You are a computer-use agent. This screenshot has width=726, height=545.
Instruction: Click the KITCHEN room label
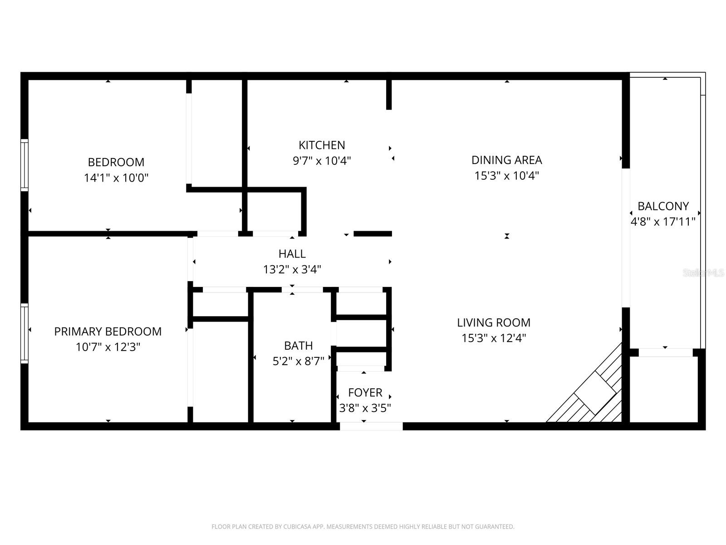[322, 145]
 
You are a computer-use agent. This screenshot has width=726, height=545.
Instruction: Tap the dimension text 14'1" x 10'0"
[116, 178]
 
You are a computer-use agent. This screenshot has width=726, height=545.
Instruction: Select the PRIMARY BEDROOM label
[108, 332]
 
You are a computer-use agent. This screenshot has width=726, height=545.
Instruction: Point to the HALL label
[292, 254]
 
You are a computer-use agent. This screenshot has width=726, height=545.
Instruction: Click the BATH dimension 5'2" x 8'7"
[298, 361]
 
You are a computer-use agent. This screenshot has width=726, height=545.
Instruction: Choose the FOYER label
[365, 392]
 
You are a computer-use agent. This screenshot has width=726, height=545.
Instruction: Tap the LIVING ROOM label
[494, 322]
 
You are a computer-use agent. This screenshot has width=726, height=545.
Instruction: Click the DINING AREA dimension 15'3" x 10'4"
[506, 176]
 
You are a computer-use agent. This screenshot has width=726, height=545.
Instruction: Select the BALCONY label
[663, 206]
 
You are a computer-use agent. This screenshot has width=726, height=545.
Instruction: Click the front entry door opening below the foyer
[371, 426]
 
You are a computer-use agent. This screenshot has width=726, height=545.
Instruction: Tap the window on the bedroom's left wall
[25, 164]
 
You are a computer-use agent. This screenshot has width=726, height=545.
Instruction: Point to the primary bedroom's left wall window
[25, 333]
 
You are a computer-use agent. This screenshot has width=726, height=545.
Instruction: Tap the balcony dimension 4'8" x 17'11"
[663, 222]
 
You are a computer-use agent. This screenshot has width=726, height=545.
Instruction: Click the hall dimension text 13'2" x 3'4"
[292, 270]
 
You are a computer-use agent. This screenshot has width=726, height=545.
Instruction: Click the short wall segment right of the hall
[373, 234]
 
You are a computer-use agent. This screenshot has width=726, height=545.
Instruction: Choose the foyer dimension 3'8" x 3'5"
[365, 408]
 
